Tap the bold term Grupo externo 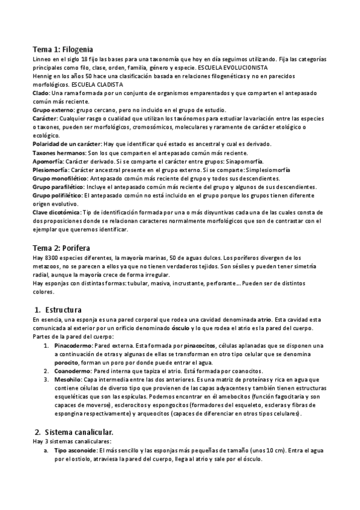[x=53, y=110]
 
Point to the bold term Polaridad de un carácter [x=67, y=144]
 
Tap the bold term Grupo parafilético [x=58, y=187]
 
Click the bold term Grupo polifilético [x=58, y=195]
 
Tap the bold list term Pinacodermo [x=73, y=346]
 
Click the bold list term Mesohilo [x=67, y=380]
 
